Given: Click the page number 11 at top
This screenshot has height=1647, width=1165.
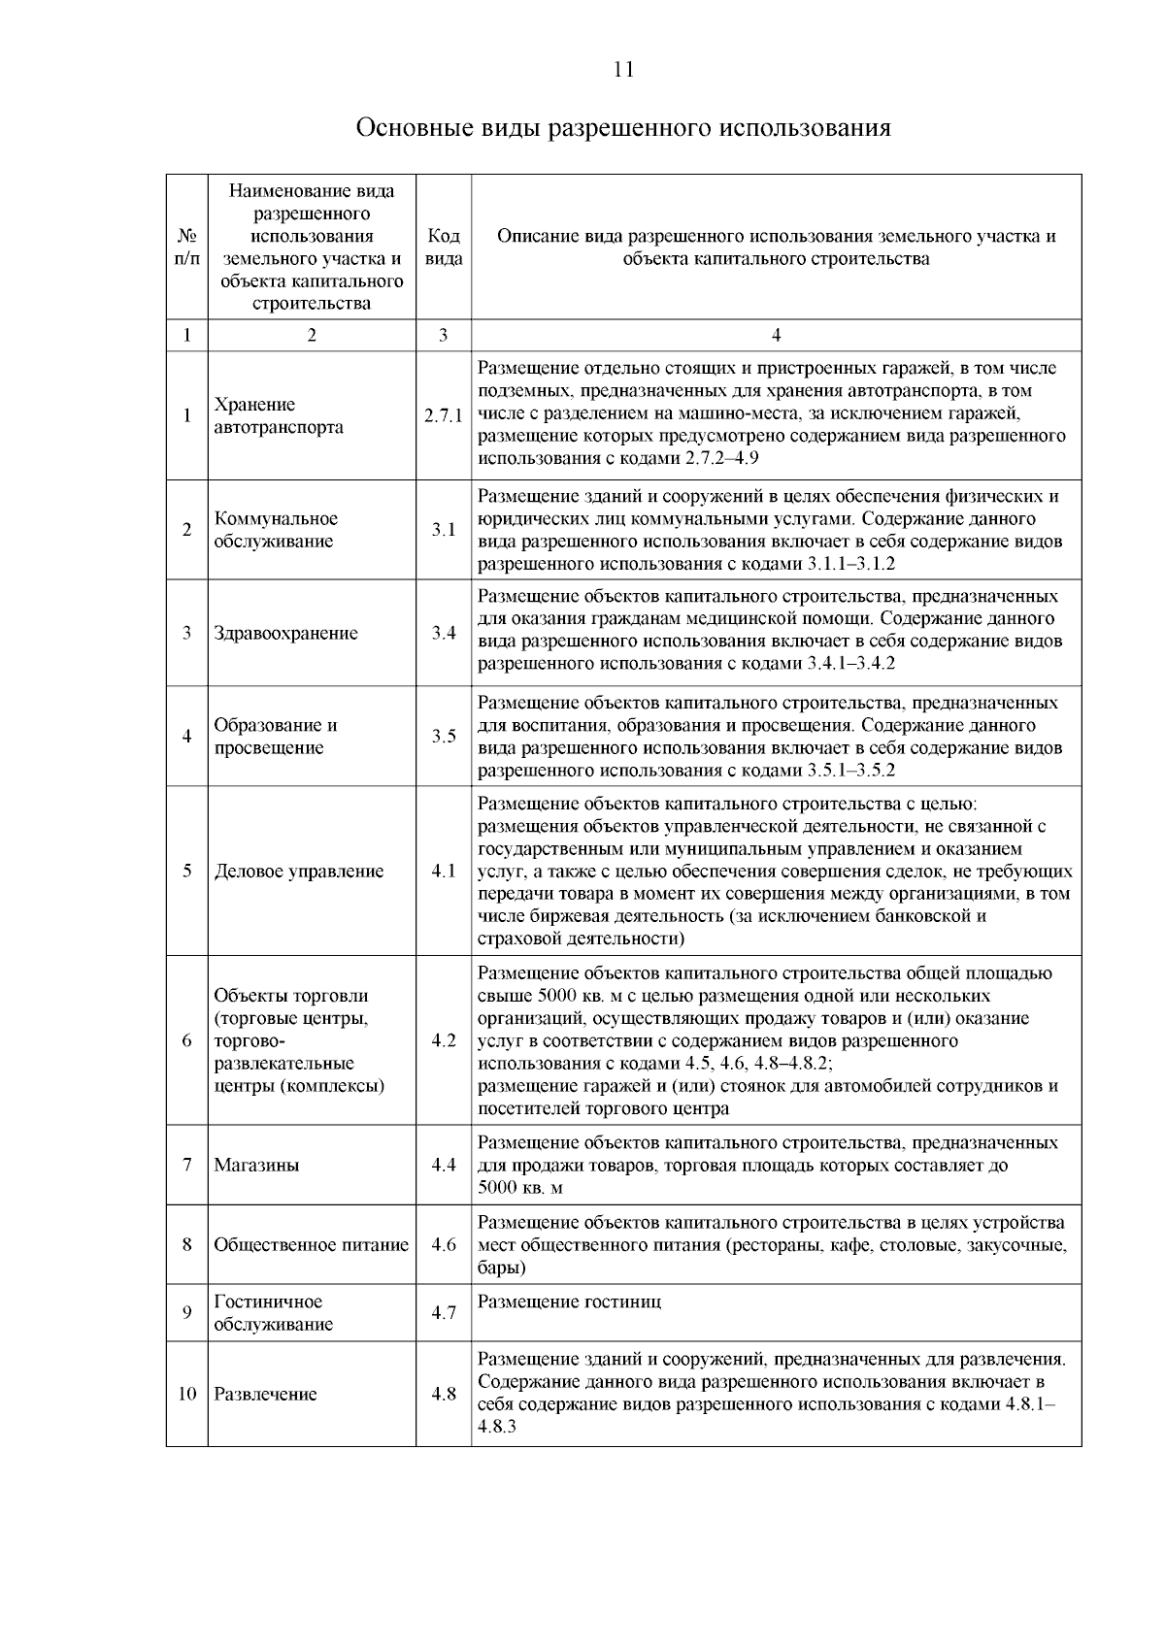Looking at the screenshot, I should (624, 69).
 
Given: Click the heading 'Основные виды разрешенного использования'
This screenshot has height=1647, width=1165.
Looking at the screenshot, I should (623, 128).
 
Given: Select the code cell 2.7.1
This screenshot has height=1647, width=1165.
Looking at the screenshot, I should (444, 415).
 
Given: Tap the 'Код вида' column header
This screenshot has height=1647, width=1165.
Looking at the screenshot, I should (444, 247).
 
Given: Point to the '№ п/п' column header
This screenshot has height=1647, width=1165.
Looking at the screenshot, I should (186, 247).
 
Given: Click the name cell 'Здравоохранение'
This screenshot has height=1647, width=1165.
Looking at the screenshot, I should (285, 634).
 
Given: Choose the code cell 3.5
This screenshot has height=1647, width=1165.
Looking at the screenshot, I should (444, 737).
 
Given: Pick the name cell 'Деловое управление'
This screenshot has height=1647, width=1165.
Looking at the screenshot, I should (299, 872).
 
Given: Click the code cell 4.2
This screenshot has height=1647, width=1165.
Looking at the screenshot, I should (444, 1040).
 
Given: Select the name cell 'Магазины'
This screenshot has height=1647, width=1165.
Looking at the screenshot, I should (256, 1165).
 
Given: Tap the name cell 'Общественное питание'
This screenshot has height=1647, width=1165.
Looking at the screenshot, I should (311, 1244).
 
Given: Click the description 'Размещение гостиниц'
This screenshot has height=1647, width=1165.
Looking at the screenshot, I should (569, 1302).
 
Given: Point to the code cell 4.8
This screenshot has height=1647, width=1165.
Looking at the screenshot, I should (444, 1395).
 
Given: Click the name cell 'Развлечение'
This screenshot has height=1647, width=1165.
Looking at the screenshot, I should (265, 1395).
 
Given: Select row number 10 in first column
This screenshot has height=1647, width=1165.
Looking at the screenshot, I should (186, 1395).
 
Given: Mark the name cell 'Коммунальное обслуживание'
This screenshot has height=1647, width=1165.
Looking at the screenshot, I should (276, 530).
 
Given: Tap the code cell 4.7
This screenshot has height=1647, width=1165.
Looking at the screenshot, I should (444, 1313).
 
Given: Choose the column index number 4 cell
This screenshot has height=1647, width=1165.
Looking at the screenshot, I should (776, 336).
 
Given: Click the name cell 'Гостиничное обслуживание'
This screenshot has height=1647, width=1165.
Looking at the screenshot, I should (273, 1313).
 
